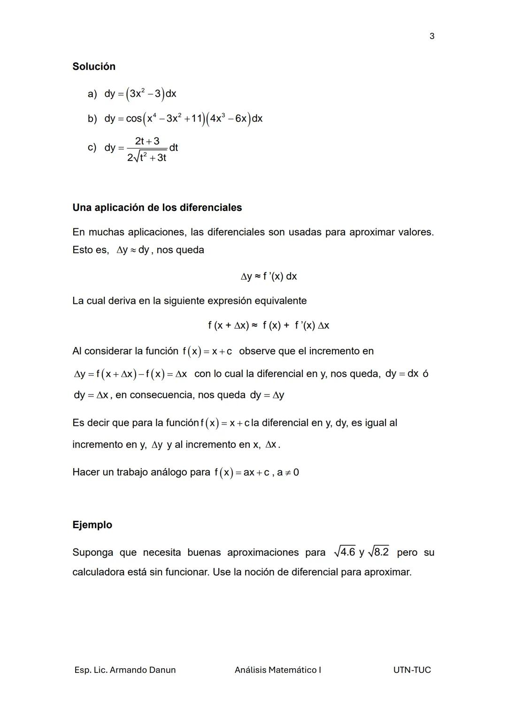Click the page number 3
[432, 36]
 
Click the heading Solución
[94, 67]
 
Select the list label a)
[92, 94]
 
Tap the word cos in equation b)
[134, 119]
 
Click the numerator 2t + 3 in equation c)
[147, 141]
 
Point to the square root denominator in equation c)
[147, 158]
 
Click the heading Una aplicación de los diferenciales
[157, 208]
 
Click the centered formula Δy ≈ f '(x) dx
[269, 276]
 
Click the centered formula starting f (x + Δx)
[269, 325]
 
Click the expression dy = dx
[401, 374]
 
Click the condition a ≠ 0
[288, 472]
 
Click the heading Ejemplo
[92, 525]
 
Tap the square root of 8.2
[379, 552]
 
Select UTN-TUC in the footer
[412, 670]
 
